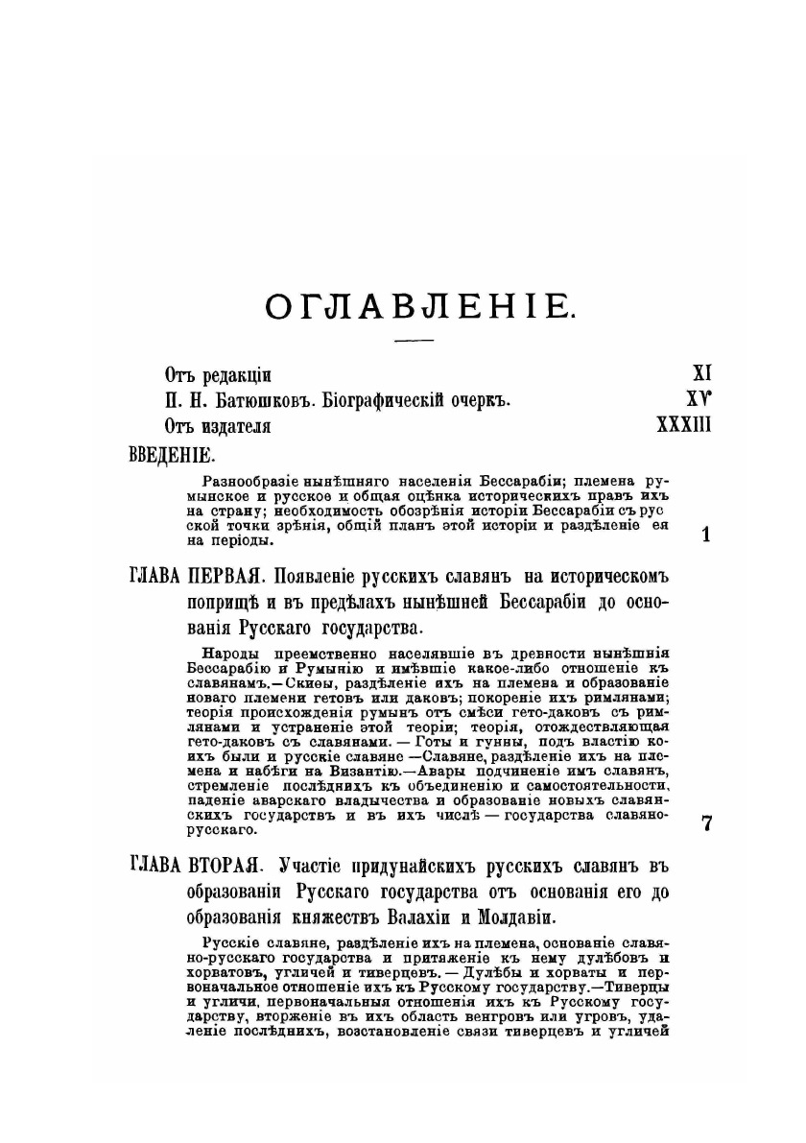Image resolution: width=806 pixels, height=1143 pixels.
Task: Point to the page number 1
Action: click(x=706, y=536)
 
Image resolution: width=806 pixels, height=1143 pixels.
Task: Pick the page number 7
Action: click(x=707, y=822)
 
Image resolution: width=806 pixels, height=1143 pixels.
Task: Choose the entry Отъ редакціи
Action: click(x=209, y=374)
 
